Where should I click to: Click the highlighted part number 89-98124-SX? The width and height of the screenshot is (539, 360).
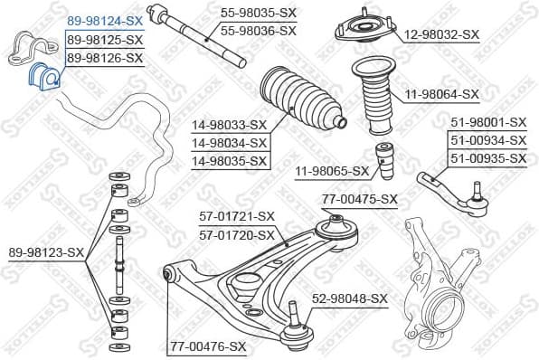point(104,18)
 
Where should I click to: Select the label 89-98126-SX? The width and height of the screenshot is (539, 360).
point(104,58)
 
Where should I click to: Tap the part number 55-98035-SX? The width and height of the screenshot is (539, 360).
point(259,13)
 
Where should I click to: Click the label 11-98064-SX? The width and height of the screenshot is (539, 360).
point(441,93)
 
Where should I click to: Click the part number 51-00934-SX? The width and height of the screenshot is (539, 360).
point(488,140)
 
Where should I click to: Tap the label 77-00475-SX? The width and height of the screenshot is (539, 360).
point(360,199)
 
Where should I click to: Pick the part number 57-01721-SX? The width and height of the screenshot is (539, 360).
point(236,216)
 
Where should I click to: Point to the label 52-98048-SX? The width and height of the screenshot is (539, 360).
point(350,298)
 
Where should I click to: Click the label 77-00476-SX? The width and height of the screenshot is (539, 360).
point(208,346)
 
